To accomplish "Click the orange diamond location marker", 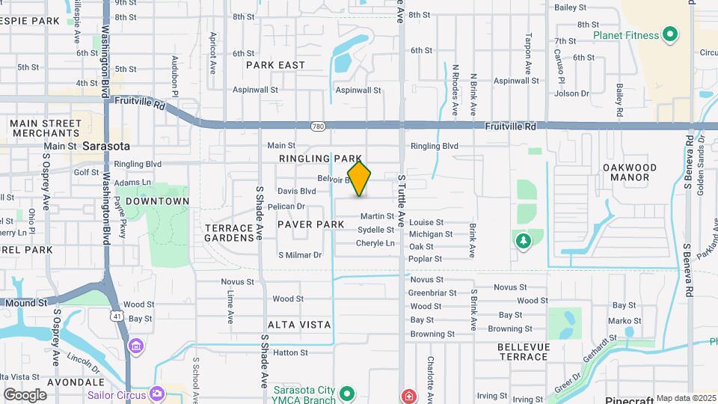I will tap(360, 180).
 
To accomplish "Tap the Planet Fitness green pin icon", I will tap(670, 34).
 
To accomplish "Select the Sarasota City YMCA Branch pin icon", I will tap(346, 393).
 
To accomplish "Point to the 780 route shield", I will tap(319, 126).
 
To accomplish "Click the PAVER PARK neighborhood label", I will tap(310, 224).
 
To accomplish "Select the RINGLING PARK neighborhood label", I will tap(315, 159).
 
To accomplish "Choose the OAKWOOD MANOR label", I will tap(629, 172).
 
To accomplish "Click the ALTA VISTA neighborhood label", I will tap(299, 324).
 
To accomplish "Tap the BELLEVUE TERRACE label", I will tap(524, 352).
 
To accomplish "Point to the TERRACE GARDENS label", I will tap(230, 233).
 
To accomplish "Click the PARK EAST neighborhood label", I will tap(275, 65).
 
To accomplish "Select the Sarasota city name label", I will tap(106, 145).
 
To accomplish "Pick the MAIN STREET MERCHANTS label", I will tap(45, 127).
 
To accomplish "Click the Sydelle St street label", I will tap(375, 230).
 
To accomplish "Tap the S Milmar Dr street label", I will tap(299, 255).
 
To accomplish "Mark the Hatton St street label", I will tap(291, 352).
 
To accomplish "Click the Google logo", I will tap(25, 394).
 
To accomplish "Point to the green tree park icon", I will tap(523, 241).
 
